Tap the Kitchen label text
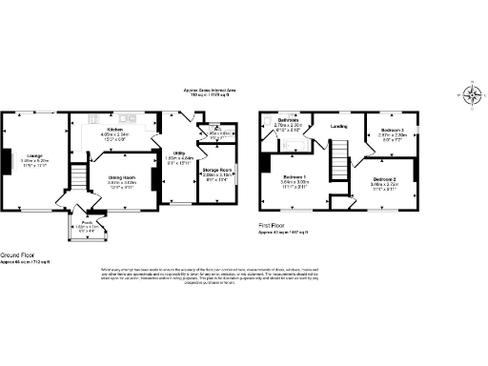[115, 129]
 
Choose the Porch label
[86, 221]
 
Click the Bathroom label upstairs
[290, 120]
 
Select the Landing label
[338, 126]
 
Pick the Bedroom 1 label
[294, 178]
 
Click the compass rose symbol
[474, 93]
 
